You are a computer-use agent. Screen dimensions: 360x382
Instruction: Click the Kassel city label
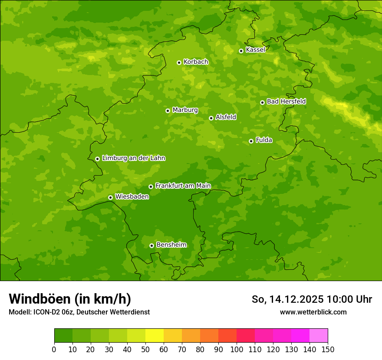click(255, 50)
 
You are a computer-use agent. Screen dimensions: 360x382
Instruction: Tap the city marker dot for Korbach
click(179, 62)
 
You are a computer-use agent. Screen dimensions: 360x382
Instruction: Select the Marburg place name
click(185, 110)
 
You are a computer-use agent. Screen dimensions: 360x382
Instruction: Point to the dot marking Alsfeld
click(211, 118)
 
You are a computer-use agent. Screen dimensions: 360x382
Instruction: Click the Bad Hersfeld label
click(286, 101)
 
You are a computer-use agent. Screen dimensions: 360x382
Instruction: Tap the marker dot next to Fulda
click(251, 141)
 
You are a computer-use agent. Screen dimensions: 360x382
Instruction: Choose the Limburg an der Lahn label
click(133, 158)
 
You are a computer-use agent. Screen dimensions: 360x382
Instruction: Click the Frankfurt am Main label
click(183, 186)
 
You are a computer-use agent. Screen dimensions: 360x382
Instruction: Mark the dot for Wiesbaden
click(110, 197)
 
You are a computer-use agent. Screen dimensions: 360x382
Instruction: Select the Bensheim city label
click(171, 245)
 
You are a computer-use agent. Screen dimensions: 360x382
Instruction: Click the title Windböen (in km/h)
click(70, 299)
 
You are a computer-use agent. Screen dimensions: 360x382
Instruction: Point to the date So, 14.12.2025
click(288, 299)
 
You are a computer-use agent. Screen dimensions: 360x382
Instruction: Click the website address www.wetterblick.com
click(313, 312)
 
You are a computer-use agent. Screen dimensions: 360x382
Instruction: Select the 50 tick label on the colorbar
click(145, 349)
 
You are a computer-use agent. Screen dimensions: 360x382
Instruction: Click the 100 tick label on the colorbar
click(237, 349)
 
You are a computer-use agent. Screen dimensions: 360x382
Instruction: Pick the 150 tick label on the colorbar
click(328, 349)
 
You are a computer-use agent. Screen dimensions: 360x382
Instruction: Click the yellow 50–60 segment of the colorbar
click(155, 336)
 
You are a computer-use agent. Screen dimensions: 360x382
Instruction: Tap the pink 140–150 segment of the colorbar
click(319, 336)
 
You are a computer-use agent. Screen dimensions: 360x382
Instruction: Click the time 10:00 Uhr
click(349, 299)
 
